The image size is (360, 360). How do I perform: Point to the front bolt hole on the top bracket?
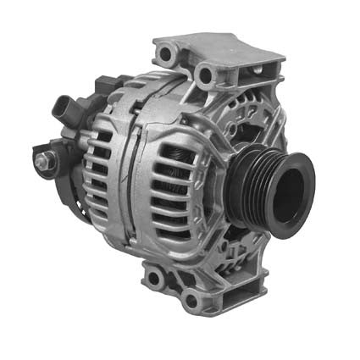coord(204,75)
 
